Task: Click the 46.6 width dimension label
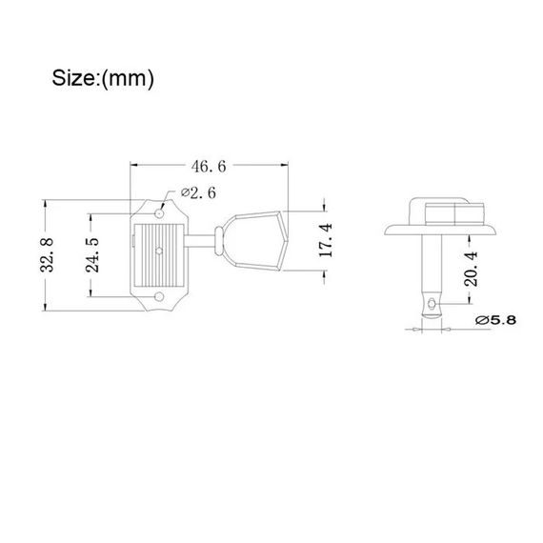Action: point(209,167)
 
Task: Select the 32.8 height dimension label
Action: point(47,255)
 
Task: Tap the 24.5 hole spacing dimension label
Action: point(92,255)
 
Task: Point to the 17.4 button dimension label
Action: point(325,240)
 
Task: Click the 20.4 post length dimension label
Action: point(471,269)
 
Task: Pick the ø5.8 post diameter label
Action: point(495,320)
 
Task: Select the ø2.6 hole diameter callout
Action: point(198,192)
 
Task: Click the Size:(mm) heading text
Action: point(103,78)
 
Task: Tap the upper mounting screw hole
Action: point(159,213)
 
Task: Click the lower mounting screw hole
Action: point(159,296)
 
